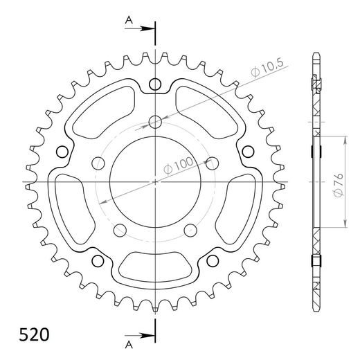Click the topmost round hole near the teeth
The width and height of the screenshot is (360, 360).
click(155, 84)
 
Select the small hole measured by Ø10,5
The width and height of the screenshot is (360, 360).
click(155, 123)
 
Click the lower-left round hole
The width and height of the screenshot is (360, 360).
click(97, 262)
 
